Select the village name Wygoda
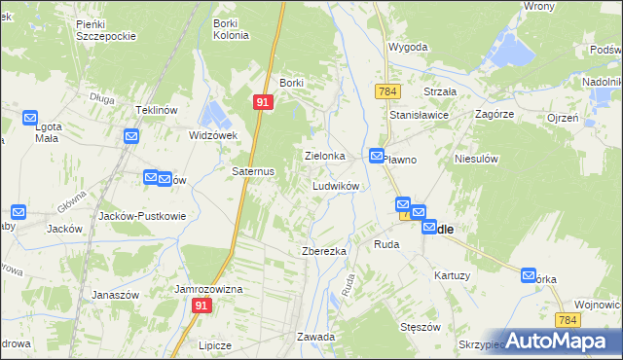point(409,47)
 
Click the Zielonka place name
point(325,156)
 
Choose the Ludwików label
point(336,185)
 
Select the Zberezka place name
point(324,251)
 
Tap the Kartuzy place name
point(453,275)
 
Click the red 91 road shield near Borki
point(264,101)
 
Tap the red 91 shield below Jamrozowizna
point(202,306)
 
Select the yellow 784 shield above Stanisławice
point(387,90)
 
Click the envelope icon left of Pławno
point(377,156)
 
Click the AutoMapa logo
point(559,340)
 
